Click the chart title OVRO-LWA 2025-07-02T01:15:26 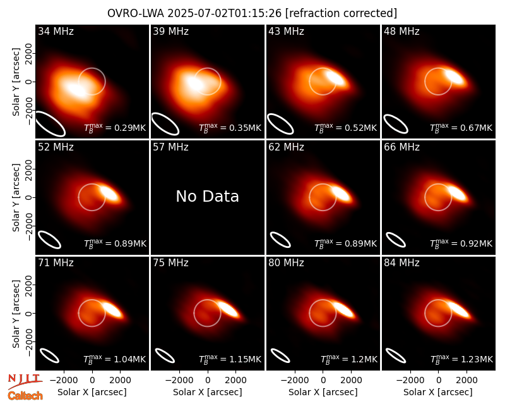point(194,13)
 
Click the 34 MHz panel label point(56,31)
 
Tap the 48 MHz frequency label point(401,31)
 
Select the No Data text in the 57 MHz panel point(208,196)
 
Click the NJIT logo point(25,381)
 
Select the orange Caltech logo point(25,396)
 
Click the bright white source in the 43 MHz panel point(335,78)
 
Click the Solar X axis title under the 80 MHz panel point(323,392)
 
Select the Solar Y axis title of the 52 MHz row point(16,197)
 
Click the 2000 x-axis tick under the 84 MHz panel point(466,381)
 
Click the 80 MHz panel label point(286,263)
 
